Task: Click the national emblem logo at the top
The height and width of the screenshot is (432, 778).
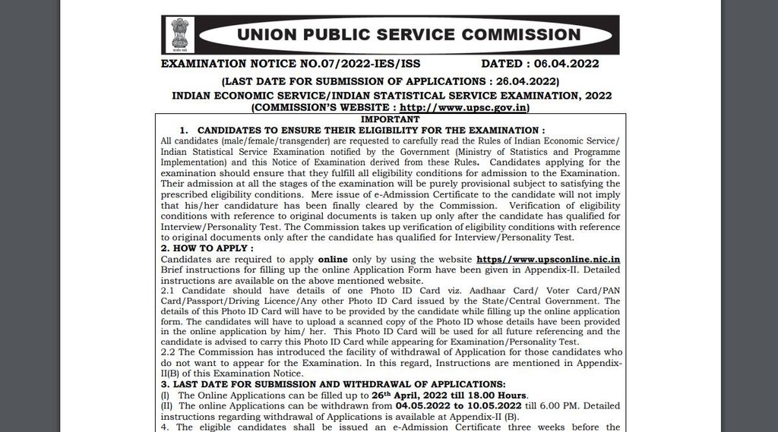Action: pos(179,34)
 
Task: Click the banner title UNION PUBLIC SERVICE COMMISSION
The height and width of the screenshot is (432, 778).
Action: pos(409,35)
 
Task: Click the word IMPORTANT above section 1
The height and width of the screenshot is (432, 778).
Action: pos(390,120)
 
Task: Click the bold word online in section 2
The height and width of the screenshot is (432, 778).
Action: pos(333,259)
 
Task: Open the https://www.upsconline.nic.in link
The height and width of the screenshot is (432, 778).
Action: pos(548,259)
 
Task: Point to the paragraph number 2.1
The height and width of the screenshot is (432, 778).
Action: pos(169,291)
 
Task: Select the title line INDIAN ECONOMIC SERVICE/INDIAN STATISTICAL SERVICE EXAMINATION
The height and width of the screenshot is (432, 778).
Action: pos(391,96)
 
